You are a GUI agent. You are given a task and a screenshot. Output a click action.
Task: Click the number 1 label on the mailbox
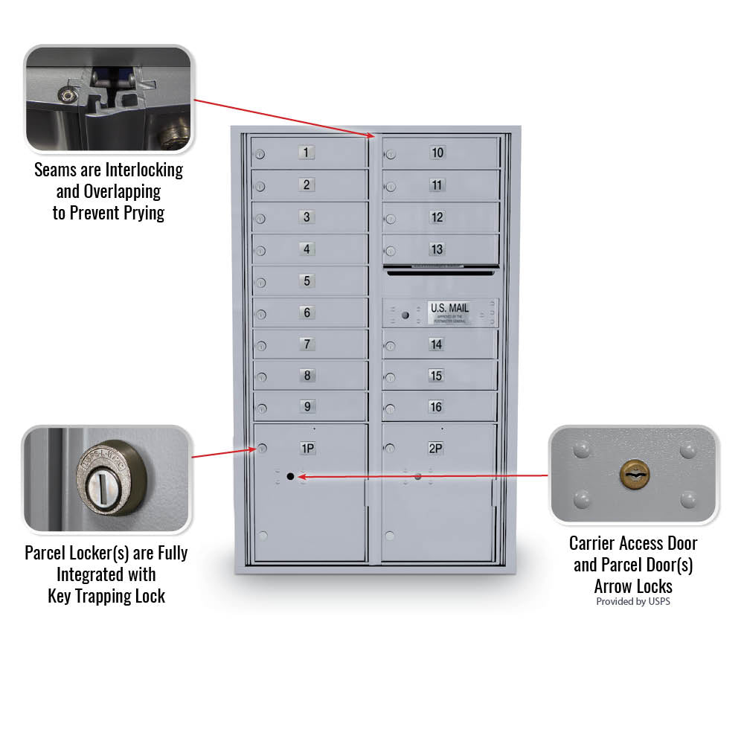[307, 153]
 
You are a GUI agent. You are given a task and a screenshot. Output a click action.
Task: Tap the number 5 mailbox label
[307, 281]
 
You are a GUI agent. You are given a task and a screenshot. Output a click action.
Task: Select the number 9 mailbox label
[307, 407]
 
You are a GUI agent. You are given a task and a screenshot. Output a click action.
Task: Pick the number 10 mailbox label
[437, 153]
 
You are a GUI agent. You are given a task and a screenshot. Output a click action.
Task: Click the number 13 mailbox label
[437, 249]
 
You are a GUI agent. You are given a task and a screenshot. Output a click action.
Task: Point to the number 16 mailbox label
[436, 407]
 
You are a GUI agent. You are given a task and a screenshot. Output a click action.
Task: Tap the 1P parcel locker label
[307, 448]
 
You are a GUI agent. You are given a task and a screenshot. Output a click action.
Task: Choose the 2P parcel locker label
[436, 448]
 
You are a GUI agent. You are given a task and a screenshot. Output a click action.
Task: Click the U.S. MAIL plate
[449, 312]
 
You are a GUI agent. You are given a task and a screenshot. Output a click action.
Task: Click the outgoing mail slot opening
[440, 273]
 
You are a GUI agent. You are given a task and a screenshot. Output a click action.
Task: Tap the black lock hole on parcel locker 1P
[290, 475]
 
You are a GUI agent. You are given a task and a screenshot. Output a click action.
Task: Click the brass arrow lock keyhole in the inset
[633, 474]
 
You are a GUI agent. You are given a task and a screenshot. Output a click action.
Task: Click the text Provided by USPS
[633, 601]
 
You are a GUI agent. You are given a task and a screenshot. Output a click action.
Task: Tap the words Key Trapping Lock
[106, 596]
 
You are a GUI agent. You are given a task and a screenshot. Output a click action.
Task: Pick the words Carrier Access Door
[633, 543]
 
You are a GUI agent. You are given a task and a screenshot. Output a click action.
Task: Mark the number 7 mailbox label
[307, 344]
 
